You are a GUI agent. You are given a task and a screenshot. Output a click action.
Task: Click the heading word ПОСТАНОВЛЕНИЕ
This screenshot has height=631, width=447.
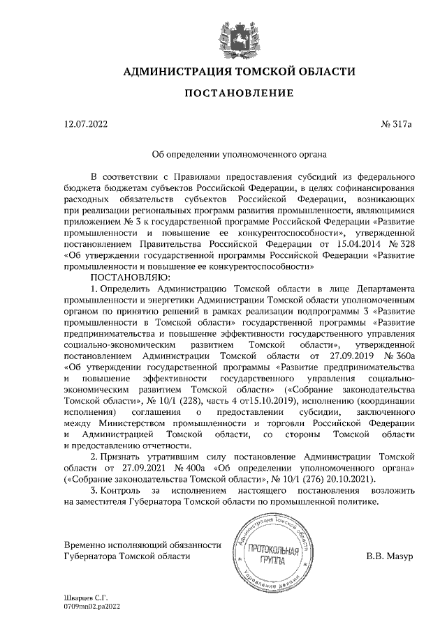[224, 93]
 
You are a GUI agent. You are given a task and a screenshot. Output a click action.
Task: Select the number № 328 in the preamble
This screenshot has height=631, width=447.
[403, 245]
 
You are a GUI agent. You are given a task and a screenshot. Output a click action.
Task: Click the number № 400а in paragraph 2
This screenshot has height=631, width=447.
[192, 469]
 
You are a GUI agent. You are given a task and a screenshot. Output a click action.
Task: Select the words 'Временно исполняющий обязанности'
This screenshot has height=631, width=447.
[143, 545]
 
